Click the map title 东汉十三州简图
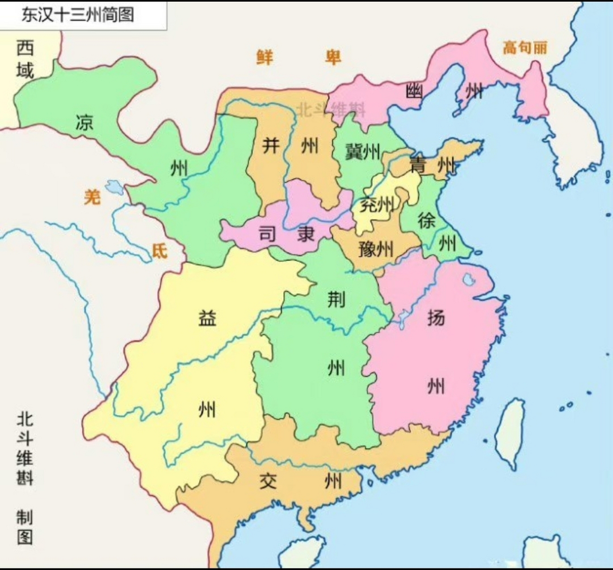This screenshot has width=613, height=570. pos(77,15)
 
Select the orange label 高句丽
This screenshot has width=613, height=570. pos(525,47)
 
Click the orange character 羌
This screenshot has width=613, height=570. pos(92,196)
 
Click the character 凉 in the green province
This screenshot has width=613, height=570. pos(84,122)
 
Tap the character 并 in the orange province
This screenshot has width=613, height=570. pos(271,145)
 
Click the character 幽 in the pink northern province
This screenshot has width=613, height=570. pos(414,91)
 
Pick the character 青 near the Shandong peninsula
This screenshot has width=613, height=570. pos(418,165)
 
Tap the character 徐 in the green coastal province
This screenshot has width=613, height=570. pos(426,220)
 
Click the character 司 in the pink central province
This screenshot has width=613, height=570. pos(268,233)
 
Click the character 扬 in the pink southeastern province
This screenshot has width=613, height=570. pos(436,317)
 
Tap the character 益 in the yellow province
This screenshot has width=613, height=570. pos(207,318)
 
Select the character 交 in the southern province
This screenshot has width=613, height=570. pos(268,481)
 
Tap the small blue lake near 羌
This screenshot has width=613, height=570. pos(115,187)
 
